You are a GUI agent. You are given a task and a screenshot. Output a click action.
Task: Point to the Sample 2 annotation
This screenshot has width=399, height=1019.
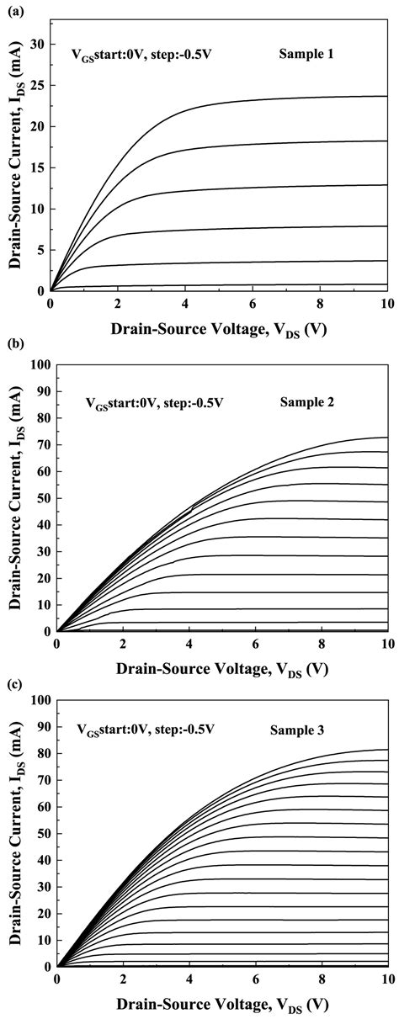308,402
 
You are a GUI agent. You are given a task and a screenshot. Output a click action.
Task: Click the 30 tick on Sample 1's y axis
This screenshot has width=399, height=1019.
36,45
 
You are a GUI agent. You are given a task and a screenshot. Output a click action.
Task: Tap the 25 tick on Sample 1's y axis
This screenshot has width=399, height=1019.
36,86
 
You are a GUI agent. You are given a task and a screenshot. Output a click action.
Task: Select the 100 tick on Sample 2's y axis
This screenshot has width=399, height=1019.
39,364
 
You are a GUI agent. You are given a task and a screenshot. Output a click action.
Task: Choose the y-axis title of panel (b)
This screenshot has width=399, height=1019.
14,498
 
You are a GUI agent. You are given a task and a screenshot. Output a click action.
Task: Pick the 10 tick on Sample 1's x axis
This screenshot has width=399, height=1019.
386,305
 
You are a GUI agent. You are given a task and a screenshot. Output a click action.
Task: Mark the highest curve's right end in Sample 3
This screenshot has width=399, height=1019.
386,749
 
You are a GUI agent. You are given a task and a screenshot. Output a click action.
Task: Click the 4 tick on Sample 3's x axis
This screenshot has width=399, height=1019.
189,979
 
